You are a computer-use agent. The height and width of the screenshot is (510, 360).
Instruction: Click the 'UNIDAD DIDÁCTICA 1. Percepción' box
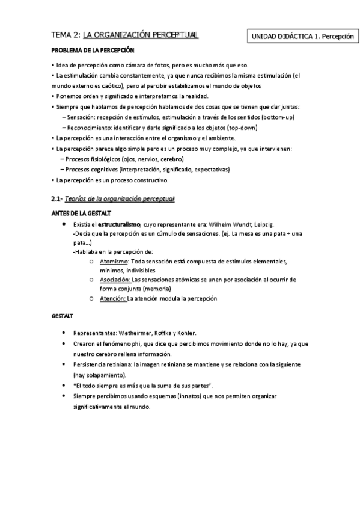tap(302, 37)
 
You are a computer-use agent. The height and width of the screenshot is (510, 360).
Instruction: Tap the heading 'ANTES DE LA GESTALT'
tap(81, 214)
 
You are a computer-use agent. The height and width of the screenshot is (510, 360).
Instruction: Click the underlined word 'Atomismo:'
tap(113, 262)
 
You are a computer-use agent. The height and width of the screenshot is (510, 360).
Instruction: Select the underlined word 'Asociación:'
tap(114, 280)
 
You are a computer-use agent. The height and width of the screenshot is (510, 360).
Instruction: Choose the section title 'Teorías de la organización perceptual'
tap(121, 198)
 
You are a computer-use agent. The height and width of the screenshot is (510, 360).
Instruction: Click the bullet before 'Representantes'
tap(64, 333)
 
